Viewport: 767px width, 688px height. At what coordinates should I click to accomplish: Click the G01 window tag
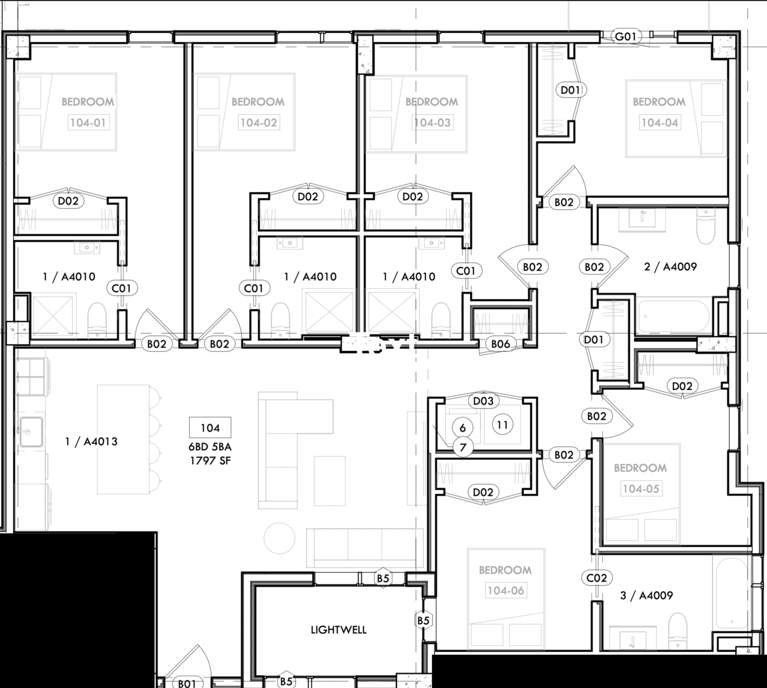625,37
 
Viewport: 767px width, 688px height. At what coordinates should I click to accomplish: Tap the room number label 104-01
87,122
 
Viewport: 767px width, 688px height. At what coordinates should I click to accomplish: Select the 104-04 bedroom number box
660,122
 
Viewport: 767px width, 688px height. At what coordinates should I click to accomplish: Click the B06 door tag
500,344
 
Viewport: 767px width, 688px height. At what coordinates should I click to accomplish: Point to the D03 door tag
483,401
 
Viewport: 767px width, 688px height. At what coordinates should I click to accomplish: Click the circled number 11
502,425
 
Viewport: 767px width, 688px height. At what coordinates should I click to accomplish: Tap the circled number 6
462,428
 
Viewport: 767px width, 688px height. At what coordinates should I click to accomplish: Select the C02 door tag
596,578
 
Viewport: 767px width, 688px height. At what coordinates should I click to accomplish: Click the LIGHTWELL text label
338,630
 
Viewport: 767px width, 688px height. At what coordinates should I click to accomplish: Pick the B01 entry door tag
187,683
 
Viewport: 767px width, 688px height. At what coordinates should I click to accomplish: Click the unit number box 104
210,428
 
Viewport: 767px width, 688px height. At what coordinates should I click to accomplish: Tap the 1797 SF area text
210,461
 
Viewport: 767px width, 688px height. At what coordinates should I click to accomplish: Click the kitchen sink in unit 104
31,431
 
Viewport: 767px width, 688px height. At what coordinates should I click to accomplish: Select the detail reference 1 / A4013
91,441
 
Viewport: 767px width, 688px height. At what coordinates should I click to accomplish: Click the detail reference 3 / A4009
646,595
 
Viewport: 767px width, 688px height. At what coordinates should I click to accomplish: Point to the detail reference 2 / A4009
670,266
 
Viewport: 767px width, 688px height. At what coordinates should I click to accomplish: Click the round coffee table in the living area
279,538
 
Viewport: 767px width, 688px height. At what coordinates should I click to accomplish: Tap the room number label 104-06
505,590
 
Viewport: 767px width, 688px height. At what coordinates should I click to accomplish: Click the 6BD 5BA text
210,447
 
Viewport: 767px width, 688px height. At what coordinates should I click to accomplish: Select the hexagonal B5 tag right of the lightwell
423,620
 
